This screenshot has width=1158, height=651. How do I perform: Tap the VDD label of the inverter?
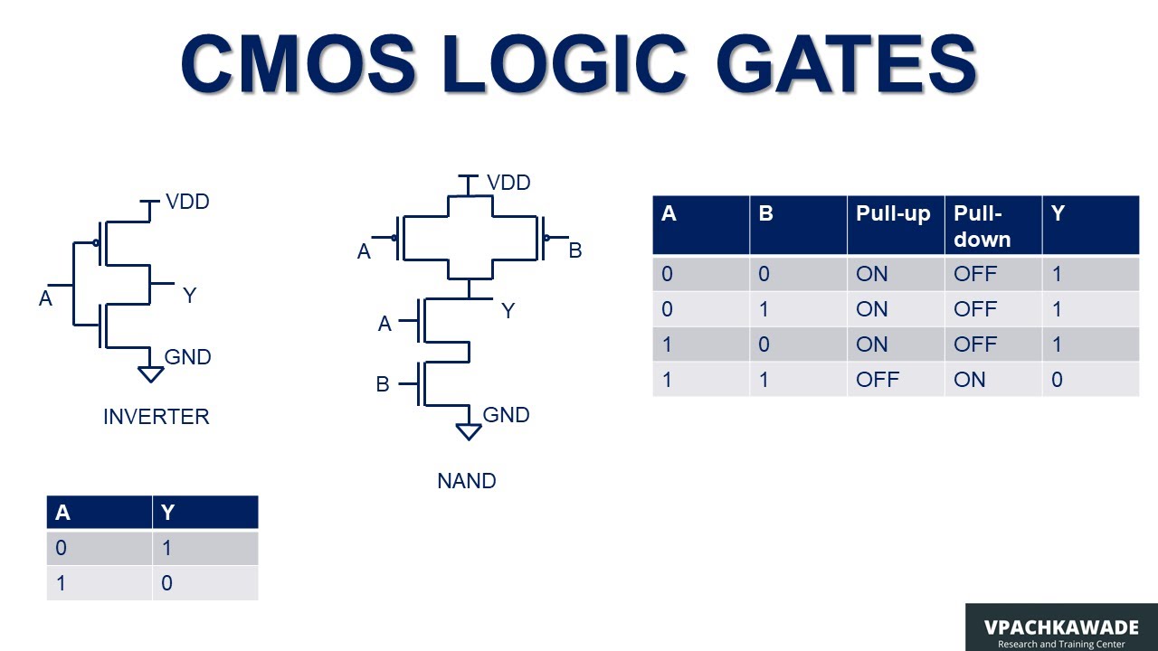(x=187, y=202)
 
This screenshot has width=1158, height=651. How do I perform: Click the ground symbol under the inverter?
(x=151, y=373)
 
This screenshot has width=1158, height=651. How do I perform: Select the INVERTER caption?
(x=156, y=417)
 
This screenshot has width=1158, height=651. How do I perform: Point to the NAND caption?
(x=466, y=481)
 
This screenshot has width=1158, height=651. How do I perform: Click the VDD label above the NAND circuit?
(x=508, y=183)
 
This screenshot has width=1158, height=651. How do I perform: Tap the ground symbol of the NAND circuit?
(x=469, y=431)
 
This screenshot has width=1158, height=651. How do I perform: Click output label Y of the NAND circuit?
(x=508, y=311)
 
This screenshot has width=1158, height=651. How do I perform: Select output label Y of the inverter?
(x=189, y=296)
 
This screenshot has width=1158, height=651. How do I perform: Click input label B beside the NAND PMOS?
(x=574, y=250)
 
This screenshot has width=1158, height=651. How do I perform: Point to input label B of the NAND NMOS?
(x=383, y=384)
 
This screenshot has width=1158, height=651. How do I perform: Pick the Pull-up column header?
(x=893, y=214)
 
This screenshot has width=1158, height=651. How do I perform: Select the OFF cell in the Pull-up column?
(x=878, y=380)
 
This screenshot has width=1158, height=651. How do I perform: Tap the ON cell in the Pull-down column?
(x=969, y=380)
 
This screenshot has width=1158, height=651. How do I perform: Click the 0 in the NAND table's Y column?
(x=1057, y=380)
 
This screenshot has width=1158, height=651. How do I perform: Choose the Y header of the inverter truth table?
(x=167, y=513)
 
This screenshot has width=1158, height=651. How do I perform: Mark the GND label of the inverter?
(x=187, y=357)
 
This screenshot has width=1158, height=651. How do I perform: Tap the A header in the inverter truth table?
(x=62, y=513)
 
